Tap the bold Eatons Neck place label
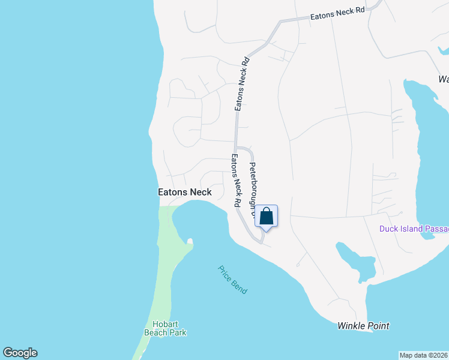click(x=184, y=192)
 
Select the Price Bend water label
click(x=232, y=279)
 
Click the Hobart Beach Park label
click(x=165, y=328)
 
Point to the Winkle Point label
click(x=363, y=326)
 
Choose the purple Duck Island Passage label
click(x=414, y=229)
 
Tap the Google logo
click(x=20, y=353)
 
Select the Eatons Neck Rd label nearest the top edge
click(x=337, y=15)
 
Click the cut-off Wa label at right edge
click(x=444, y=79)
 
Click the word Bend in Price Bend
click(x=240, y=286)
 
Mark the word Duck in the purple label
click(x=388, y=229)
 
